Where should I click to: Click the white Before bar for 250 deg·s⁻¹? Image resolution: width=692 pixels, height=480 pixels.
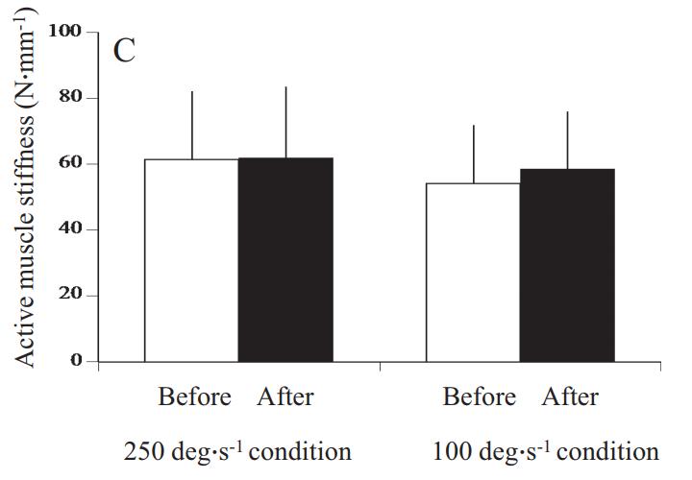pos(191,260)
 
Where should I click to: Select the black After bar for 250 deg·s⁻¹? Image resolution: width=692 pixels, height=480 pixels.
pos(285,259)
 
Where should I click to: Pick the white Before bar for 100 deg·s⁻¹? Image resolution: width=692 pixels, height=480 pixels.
pos(473,272)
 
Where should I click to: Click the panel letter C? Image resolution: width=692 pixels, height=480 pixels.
pos(124,51)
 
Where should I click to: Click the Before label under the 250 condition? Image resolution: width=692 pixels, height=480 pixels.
pos(195,396)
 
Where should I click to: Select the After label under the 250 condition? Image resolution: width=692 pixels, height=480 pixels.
pos(285,396)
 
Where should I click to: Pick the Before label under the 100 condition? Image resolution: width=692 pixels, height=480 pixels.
pos(479,396)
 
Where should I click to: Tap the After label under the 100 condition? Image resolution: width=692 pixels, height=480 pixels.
pos(570,396)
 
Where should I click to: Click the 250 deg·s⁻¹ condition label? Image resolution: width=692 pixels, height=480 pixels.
pos(237,450)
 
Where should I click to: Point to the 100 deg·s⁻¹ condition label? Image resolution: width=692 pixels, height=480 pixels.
pos(545,450)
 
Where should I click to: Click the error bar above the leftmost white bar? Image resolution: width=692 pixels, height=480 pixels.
pos(192,125)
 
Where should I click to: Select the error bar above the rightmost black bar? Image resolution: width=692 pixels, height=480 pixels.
pos(567,140)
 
